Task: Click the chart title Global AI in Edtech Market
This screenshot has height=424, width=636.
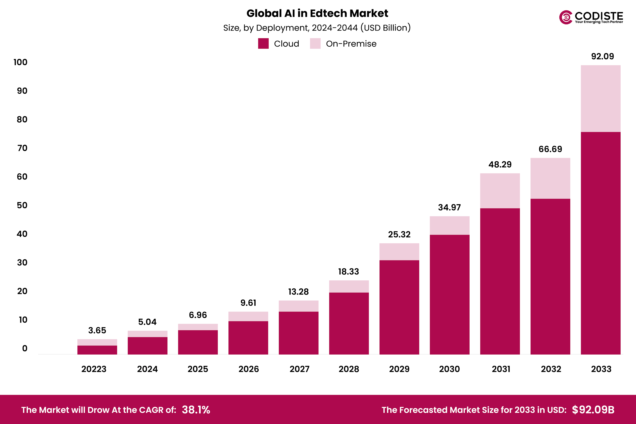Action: pos(317,13)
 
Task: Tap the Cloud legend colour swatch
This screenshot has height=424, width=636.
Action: pos(263,44)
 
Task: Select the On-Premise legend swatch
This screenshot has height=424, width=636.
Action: pos(315,44)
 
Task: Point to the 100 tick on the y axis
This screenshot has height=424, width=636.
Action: pos(21,62)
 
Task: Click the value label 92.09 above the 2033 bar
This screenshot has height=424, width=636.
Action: pos(603,56)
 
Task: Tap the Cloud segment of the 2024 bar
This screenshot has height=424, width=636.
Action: pos(147,346)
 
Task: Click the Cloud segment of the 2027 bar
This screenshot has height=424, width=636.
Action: pos(298,333)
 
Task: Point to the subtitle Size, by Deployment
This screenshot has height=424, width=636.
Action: pos(317,28)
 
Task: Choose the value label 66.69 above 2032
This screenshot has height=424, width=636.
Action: pos(550,149)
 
